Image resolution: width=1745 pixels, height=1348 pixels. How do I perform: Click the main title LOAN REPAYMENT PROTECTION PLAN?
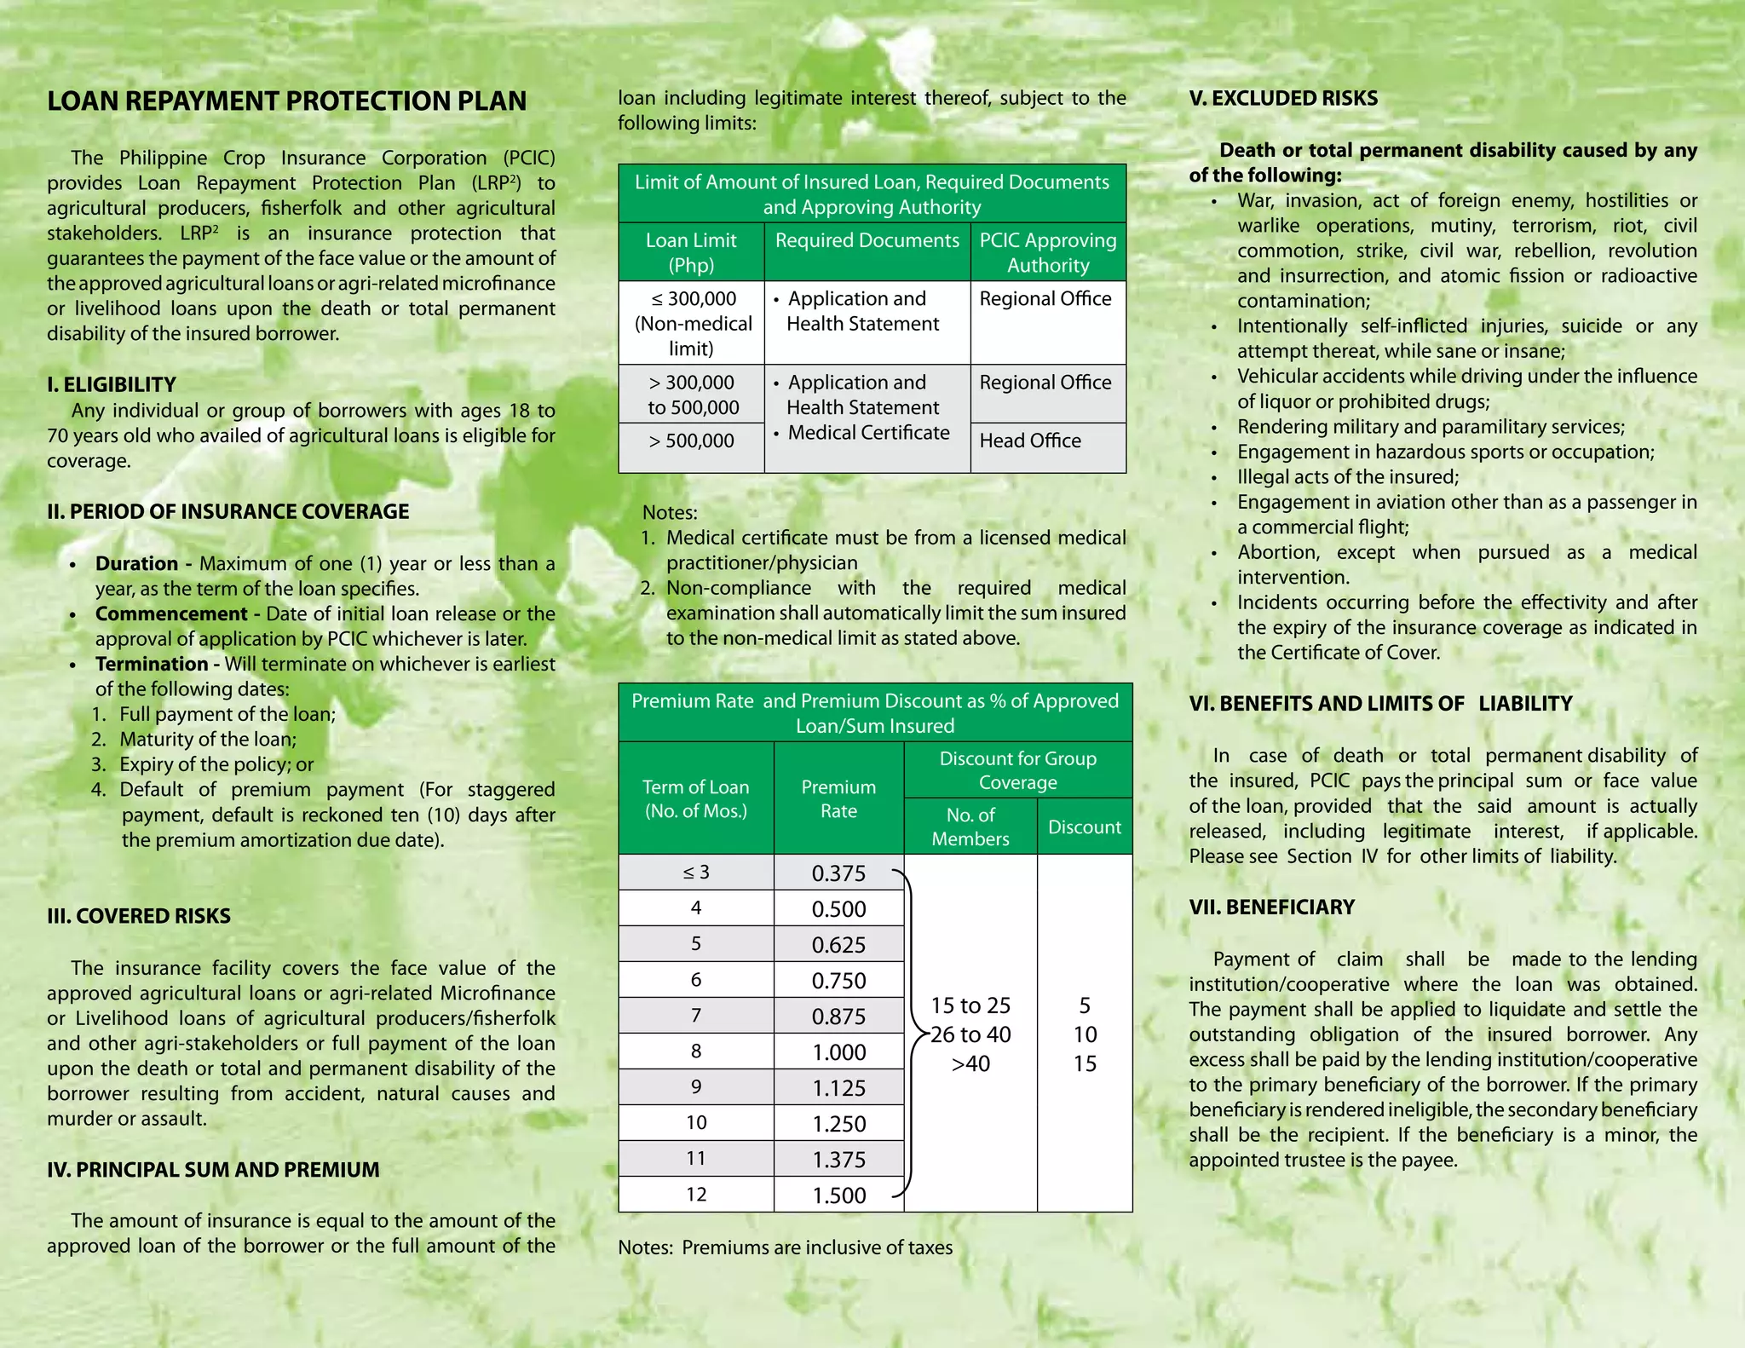pos(286,101)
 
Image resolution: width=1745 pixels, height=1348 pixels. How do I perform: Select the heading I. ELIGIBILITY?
pos(112,384)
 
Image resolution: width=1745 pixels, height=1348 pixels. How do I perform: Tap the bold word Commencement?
pos(170,614)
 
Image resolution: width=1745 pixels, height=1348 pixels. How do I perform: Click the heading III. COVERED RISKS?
pos(139,916)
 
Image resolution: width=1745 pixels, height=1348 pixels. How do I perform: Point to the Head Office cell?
pos(1030,441)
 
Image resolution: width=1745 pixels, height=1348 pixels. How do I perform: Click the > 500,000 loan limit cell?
pos(691,441)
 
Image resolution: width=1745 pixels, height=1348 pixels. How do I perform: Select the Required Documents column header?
pos(867,240)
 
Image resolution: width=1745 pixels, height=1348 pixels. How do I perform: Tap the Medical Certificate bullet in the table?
pos(867,433)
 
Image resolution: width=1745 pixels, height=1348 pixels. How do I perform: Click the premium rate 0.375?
pos(838,873)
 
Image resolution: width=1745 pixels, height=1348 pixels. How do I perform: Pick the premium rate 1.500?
pos(838,1195)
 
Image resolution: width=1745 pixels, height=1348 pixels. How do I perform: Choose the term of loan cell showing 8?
pos(696,1051)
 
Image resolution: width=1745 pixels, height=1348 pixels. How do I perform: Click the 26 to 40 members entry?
pos(970,1034)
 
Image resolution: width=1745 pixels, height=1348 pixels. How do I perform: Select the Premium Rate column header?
pos(838,798)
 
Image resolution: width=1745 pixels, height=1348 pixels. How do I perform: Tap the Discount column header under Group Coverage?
pos(1084,827)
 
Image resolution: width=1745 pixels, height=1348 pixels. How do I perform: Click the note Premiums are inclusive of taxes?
pos(816,1247)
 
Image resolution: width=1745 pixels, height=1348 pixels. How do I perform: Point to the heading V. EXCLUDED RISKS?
pos(1283,99)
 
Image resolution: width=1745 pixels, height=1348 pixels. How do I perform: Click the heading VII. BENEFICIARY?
pos(1271,907)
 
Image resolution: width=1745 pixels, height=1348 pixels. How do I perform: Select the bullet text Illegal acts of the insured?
pos(1347,477)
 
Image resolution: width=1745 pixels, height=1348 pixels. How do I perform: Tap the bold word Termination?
pos(152,664)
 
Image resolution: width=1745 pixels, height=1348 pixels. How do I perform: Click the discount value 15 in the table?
pos(1084,1063)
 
